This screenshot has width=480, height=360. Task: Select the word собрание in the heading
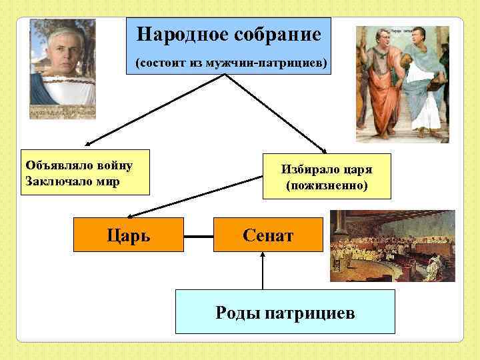(274, 35)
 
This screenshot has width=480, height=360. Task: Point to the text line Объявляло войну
(78, 165)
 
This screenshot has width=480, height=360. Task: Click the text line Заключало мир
(71, 181)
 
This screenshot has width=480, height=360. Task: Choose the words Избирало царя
(326, 169)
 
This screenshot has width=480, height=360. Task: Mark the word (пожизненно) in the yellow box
(326, 185)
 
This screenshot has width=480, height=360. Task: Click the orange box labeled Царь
(128, 235)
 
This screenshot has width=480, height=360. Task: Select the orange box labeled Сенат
(267, 235)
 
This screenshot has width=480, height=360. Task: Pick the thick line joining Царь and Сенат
(198, 235)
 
